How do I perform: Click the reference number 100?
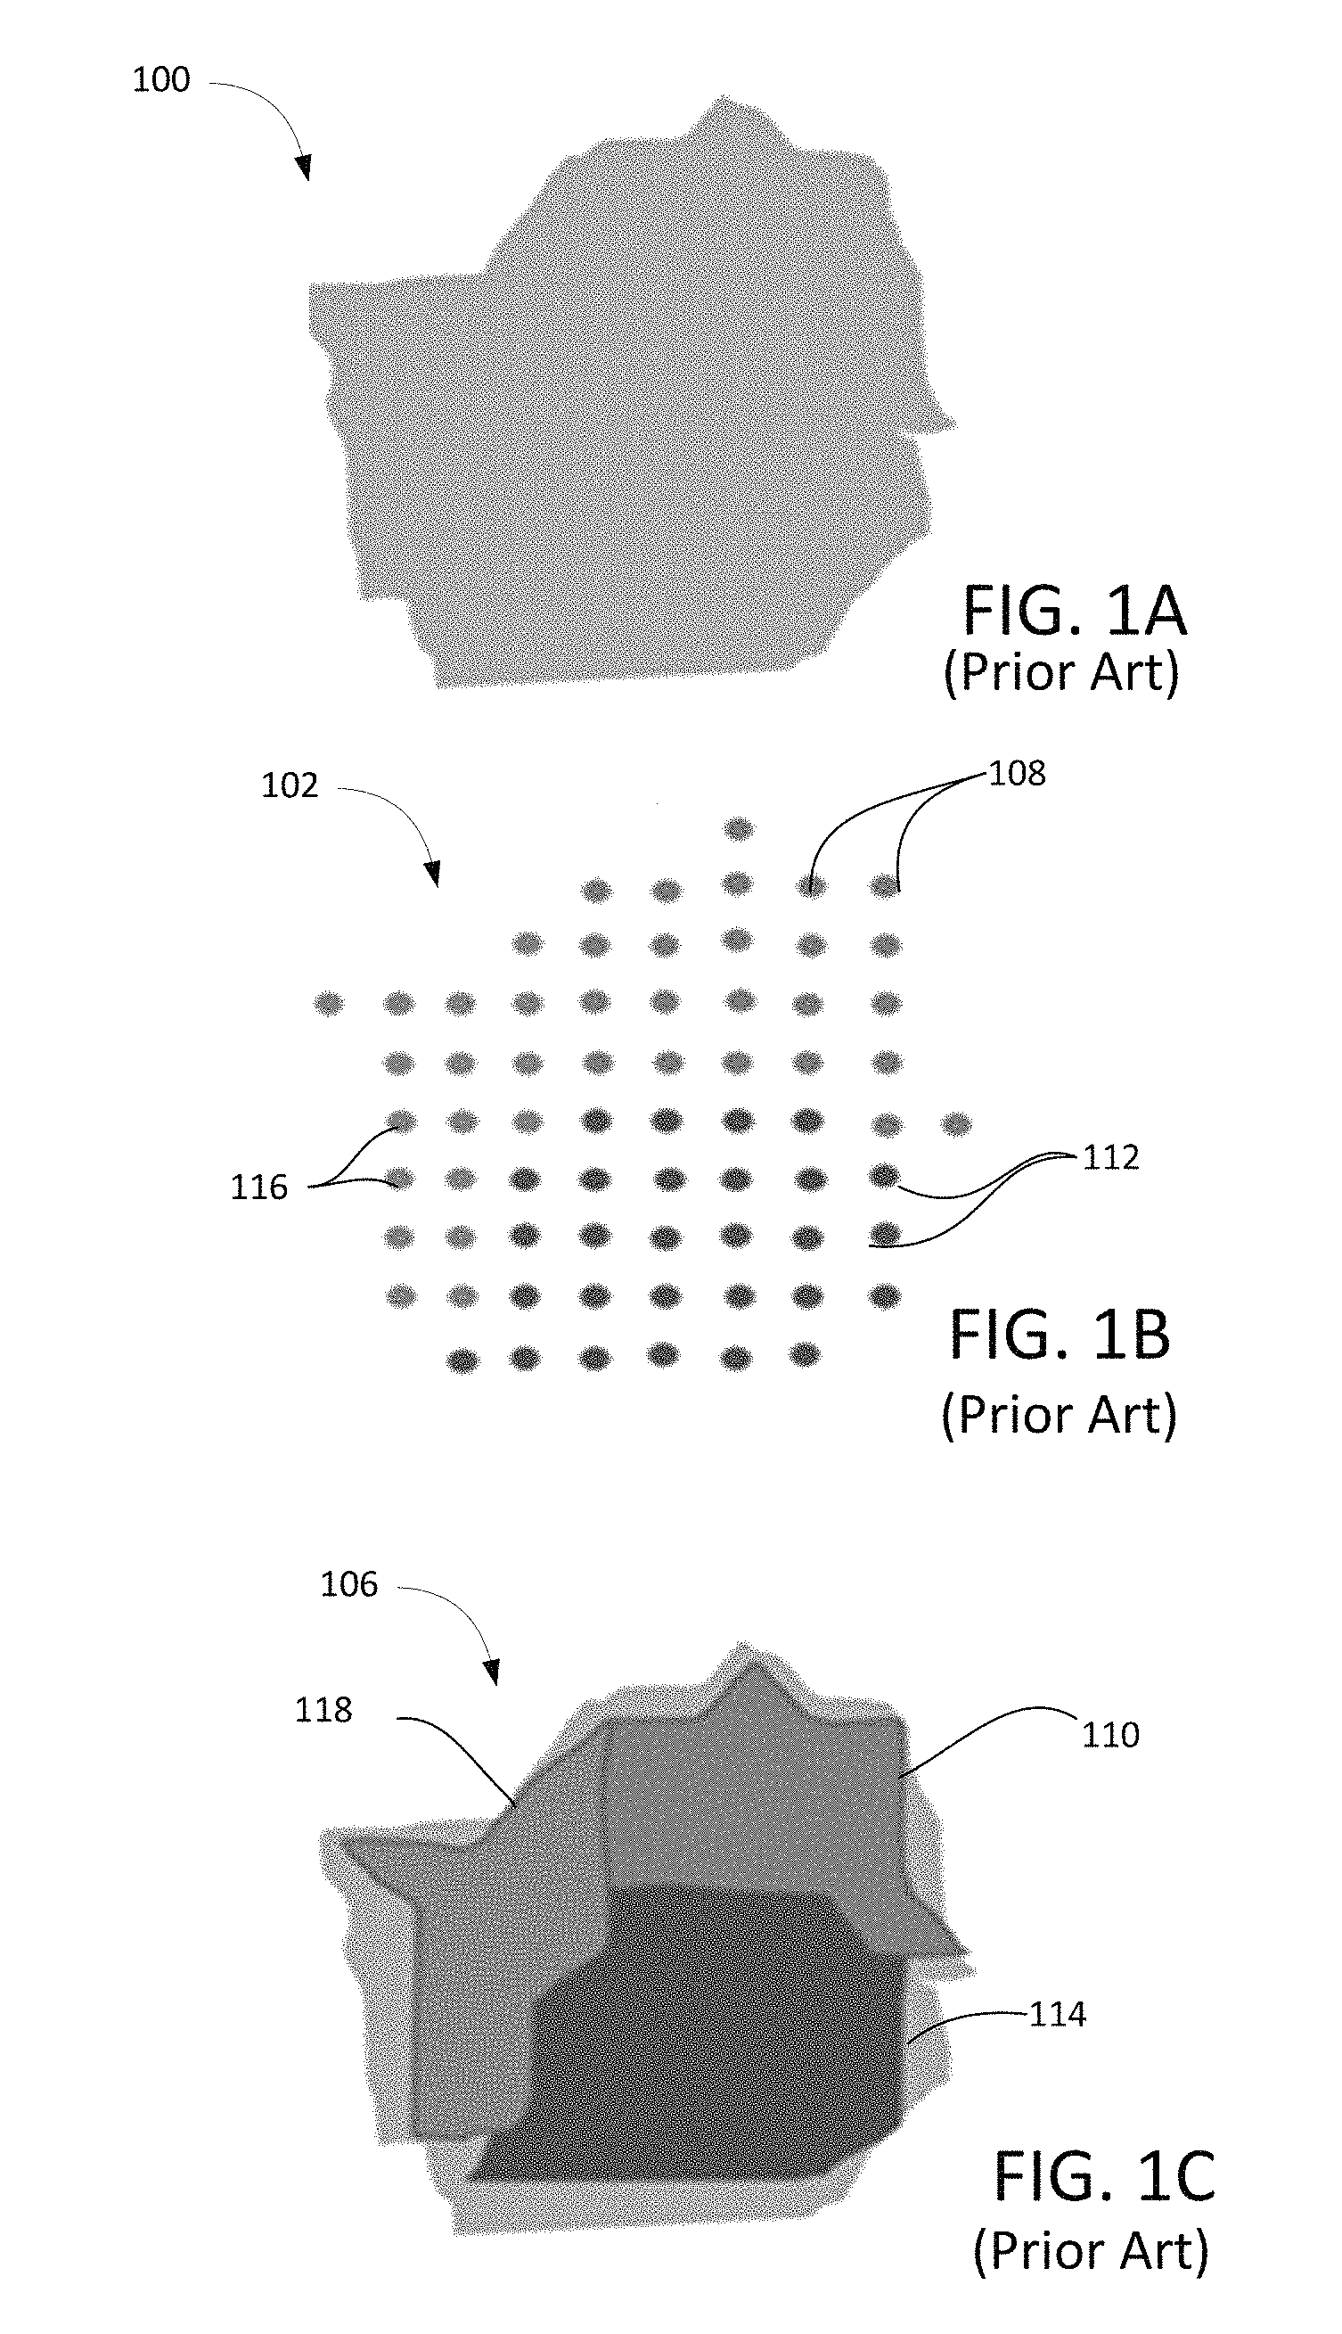[x=161, y=80]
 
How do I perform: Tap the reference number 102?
[x=290, y=785]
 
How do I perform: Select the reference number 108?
[x=1017, y=774]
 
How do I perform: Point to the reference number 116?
[x=259, y=1187]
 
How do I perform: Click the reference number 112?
[x=1110, y=1157]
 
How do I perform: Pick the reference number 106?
[x=348, y=1584]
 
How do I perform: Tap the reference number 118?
[x=323, y=1710]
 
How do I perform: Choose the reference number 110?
[x=1109, y=1736]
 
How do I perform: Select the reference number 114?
[x=1057, y=2015]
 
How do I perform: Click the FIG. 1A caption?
[x=1074, y=612]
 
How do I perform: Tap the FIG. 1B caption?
[x=1060, y=1336]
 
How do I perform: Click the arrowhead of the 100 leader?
[x=303, y=169]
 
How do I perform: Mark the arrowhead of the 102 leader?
[x=432, y=875]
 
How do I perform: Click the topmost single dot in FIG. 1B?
[x=737, y=829]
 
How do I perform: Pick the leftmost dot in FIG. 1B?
[x=328, y=1003]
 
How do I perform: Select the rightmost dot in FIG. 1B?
[x=957, y=1124]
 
